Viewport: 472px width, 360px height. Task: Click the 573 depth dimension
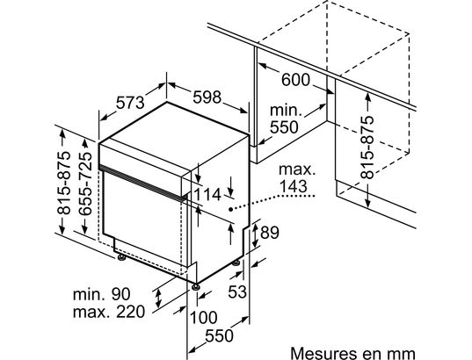tap(130, 103)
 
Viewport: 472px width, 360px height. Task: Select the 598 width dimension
tap(207, 97)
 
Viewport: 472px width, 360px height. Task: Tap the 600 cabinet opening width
tap(295, 80)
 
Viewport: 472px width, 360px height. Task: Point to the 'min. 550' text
tap(285, 119)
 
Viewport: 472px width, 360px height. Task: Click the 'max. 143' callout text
tap(297, 178)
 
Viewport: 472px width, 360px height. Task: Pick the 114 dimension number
tap(207, 195)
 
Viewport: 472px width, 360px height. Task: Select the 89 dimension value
tap(270, 233)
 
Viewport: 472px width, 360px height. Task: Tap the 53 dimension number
tap(237, 292)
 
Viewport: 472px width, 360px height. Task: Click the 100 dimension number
tap(204, 318)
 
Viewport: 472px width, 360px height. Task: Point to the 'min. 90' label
tap(102, 294)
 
